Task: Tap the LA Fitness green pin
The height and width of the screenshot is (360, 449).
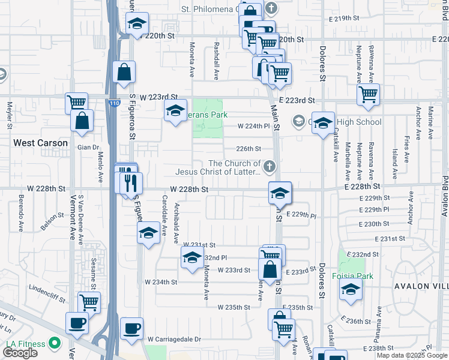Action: [55, 344]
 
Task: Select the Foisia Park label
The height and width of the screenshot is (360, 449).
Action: [352, 276]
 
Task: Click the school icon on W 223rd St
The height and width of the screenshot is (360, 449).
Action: [175, 111]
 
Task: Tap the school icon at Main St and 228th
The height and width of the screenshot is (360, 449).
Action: [280, 193]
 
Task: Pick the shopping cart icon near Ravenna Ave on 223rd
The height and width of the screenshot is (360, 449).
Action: [368, 94]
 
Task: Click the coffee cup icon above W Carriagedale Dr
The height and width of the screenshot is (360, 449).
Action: [132, 328]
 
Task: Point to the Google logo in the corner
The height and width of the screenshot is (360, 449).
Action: [20, 353]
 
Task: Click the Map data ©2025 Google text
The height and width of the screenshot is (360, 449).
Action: [412, 355]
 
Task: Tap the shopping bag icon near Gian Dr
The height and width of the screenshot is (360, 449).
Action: [82, 121]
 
